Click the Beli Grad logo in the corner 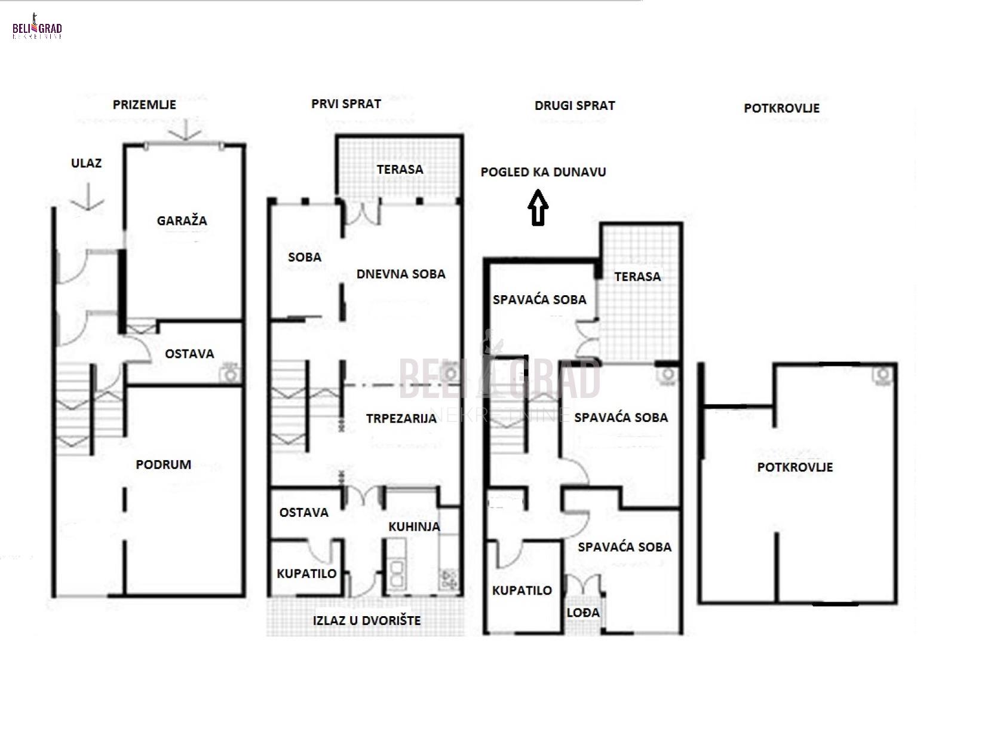37,27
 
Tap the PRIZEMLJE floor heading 145,105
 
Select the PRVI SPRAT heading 346,104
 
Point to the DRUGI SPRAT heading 575,106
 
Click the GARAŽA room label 182,221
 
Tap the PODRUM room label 163,464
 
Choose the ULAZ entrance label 86,163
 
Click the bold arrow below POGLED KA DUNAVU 538,208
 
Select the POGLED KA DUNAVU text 543,172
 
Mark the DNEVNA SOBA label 400,274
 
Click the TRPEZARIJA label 401,418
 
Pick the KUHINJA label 413,526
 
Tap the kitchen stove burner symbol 449,580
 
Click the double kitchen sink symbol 396,573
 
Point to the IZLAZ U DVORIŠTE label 366,620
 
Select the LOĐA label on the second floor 582,613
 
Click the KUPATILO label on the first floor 306,573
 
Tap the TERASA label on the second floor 637,277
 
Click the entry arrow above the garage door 185,130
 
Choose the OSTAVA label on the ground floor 189,354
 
